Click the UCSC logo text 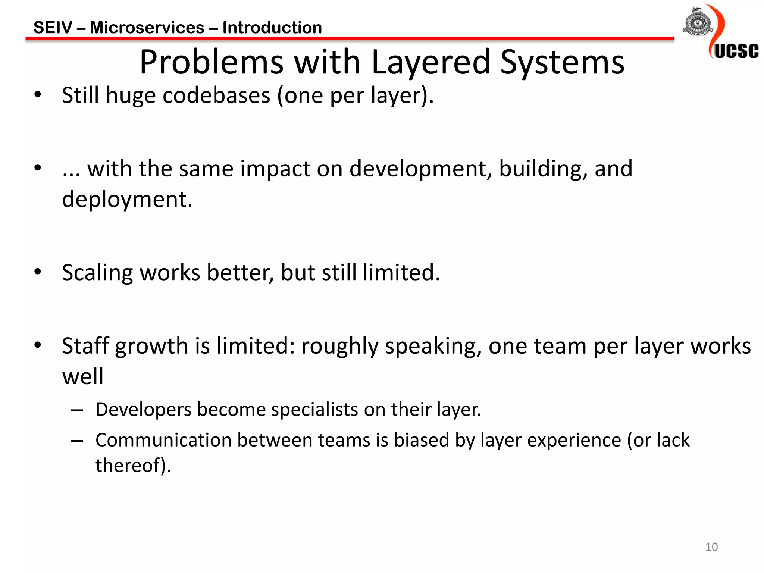click(736, 51)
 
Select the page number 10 click(711, 547)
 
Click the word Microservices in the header click(147, 28)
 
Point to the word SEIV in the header click(53, 28)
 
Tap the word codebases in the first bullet click(216, 95)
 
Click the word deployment click(127, 199)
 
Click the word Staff click(85, 346)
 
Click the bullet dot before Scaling click(37, 272)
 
